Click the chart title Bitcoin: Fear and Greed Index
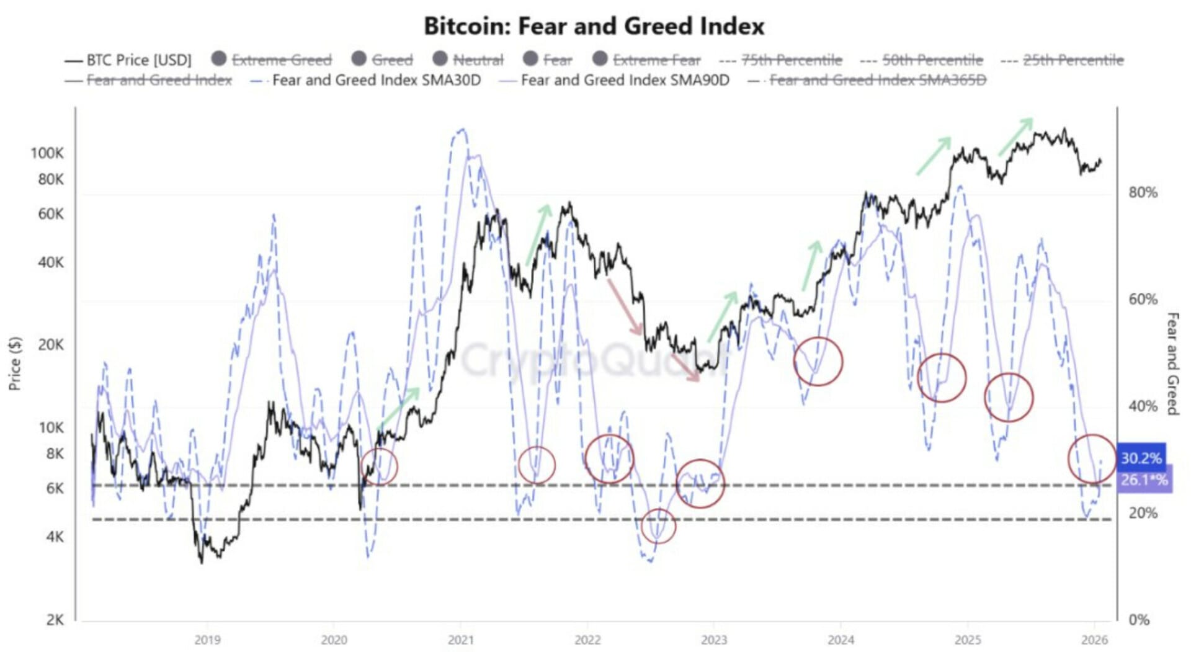[594, 26]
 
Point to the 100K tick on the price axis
[47, 153]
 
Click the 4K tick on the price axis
[55, 537]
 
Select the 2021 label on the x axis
[461, 640]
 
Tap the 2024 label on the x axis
[841, 640]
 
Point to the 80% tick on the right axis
[1143, 192]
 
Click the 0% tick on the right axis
[1139, 619]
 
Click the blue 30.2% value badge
[1141, 458]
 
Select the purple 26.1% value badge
[1144, 480]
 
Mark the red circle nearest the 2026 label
[1092, 459]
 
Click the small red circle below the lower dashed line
[658, 526]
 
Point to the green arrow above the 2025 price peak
[1015, 136]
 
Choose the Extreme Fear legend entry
[656, 60]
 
